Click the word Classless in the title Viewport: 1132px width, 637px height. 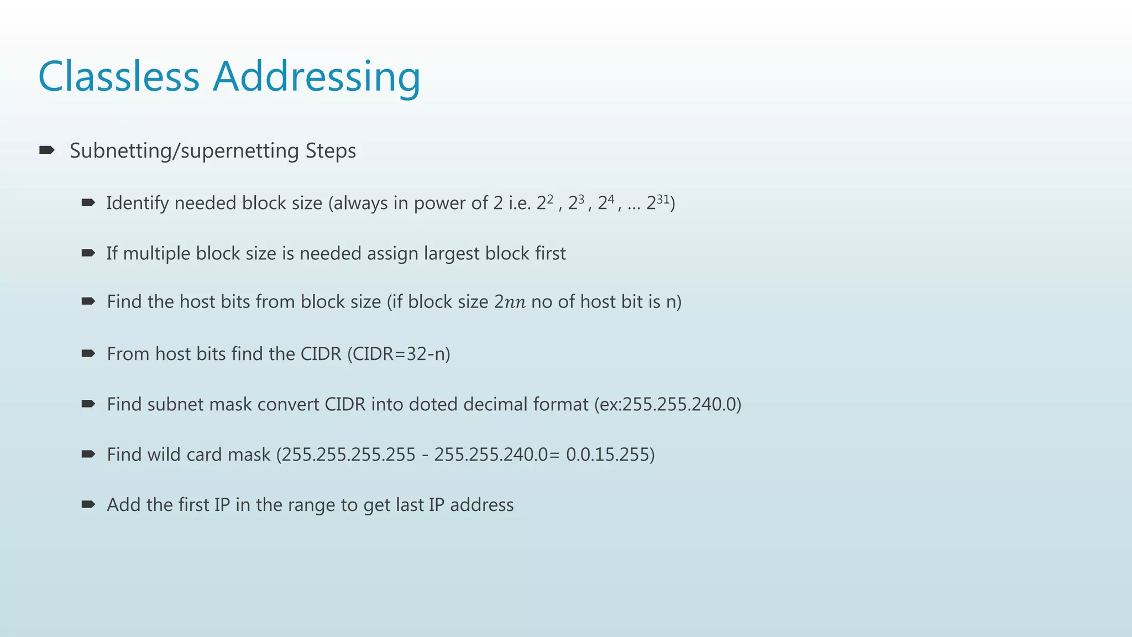[118, 76]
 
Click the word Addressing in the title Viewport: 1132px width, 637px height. [317, 77]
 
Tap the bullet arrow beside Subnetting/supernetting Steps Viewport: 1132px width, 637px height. [46, 150]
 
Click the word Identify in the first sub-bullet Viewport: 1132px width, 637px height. [138, 203]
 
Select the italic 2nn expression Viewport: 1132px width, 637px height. [510, 302]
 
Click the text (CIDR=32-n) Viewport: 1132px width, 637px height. [399, 354]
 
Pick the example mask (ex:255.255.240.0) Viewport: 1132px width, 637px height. [668, 404]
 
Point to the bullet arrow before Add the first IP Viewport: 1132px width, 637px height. [88, 504]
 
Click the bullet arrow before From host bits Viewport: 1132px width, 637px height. [88, 353]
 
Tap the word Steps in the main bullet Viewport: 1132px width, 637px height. [331, 151]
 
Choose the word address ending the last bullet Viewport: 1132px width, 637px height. [481, 505]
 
